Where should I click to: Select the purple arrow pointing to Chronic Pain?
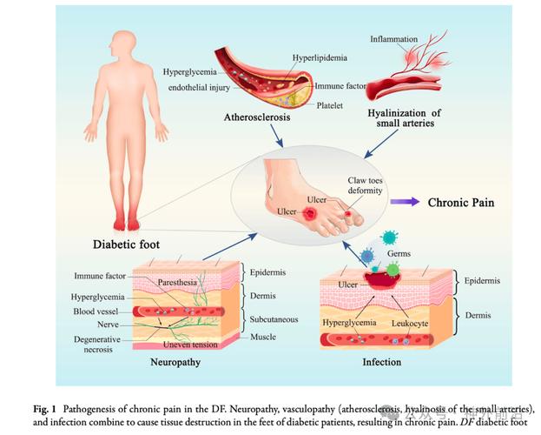(405, 201)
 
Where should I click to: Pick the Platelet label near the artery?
(329, 105)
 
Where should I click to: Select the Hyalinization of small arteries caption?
(405, 117)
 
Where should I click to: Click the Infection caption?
(383, 358)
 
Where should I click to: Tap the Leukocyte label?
(408, 322)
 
